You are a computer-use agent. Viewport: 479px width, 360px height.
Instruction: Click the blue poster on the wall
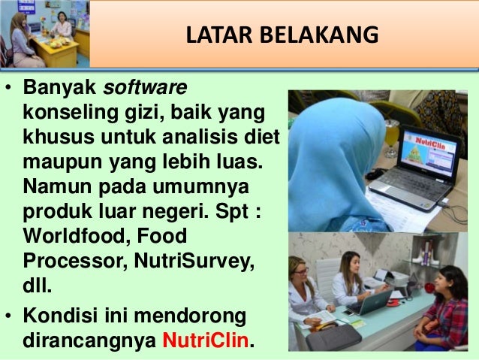pyautogui.click(x=20, y=6)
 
